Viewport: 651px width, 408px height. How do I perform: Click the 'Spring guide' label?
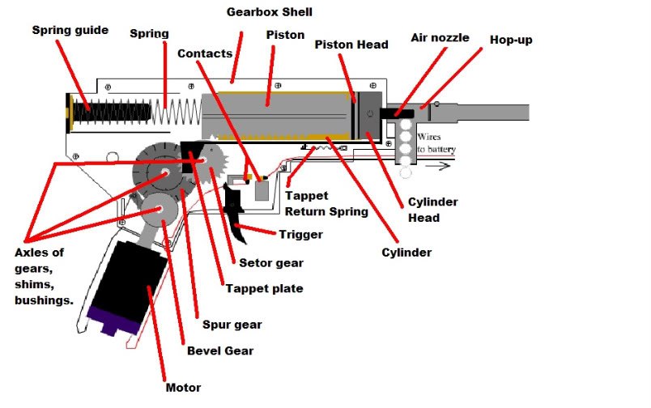click(70, 30)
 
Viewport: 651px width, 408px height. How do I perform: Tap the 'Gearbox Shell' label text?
click(270, 11)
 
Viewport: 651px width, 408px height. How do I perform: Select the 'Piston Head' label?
click(351, 45)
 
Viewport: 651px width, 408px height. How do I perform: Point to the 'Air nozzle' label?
click(440, 37)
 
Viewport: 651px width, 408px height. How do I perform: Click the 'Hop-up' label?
click(510, 40)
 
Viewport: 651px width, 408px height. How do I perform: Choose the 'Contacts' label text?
click(205, 53)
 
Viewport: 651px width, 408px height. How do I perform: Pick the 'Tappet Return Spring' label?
click(326, 204)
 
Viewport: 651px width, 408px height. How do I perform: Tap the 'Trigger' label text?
click(300, 235)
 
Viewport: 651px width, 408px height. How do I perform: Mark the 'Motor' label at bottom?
click(182, 388)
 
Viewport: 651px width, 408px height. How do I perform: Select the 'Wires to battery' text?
click(436, 144)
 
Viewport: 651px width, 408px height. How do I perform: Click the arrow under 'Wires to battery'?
click(436, 167)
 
